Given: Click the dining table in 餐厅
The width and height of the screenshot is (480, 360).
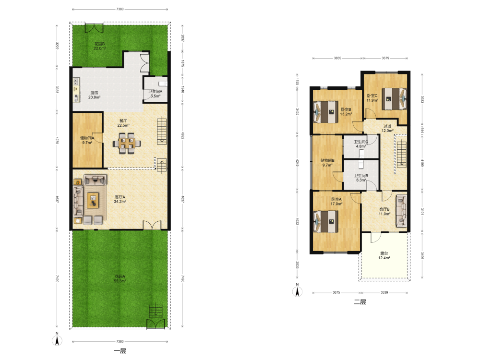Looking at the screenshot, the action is (x=127, y=143).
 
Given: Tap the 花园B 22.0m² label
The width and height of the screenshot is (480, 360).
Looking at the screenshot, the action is (x=99, y=46).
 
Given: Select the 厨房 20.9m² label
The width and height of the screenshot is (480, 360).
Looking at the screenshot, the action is (x=94, y=95).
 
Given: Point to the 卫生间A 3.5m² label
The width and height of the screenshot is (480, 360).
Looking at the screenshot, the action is (x=156, y=94).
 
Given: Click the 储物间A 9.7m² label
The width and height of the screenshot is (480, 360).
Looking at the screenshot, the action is (x=87, y=140).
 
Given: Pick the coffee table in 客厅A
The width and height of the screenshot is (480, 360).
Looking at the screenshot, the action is (x=93, y=201).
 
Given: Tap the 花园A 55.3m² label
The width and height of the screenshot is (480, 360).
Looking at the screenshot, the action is (x=120, y=278).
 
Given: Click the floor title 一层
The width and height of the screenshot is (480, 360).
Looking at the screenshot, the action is (x=120, y=351).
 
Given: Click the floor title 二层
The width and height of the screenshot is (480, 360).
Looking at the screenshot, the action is (x=360, y=302).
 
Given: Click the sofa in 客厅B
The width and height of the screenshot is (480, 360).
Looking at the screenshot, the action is (x=401, y=211).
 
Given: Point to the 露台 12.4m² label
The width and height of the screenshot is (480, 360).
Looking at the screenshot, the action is (x=384, y=256).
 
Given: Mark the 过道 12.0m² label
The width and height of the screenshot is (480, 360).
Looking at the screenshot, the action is (x=387, y=128).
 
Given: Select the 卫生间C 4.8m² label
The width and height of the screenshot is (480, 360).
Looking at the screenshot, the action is (x=361, y=144).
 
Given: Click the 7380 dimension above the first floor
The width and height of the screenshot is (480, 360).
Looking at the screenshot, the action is (x=120, y=9).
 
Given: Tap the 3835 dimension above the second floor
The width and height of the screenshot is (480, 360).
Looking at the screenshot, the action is (x=337, y=58).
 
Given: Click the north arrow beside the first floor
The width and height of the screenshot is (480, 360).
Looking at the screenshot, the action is (x=57, y=339).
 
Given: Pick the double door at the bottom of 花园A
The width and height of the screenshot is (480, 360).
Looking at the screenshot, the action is (x=156, y=324).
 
